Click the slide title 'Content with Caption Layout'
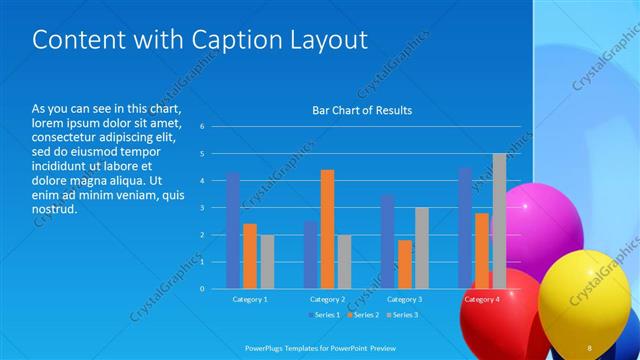coord(200,40)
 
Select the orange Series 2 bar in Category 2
coord(327,229)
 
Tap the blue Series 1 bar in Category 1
coord(233,230)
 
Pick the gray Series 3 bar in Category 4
coord(499,221)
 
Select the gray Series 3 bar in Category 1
coord(267,262)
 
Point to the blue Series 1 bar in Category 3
coord(387,241)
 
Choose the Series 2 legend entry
coord(362,315)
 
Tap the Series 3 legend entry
coord(401,315)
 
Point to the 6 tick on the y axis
coord(202,127)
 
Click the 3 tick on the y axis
coord(202,208)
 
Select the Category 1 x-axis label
coord(250,299)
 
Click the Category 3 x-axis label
coord(404,299)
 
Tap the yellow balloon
coord(585,295)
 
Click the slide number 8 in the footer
coord(590,347)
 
